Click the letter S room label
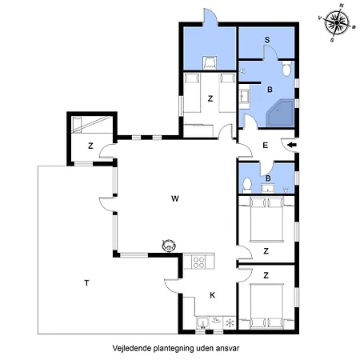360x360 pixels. click(266, 40)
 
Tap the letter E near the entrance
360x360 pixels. click(265, 145)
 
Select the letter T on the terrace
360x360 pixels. click(86, 282)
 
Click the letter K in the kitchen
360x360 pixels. click(212, 294)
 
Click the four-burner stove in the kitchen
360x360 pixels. click(200, 262)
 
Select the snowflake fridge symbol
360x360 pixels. click(230, 323)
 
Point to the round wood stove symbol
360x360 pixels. click(169, 246)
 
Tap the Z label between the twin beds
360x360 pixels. click(210, 98)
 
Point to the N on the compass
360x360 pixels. click(342, 6)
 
